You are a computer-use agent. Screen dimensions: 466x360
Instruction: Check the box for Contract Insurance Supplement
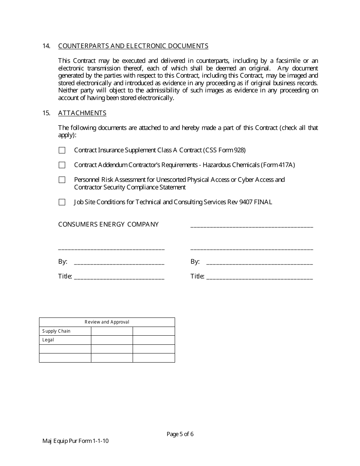click(x=62, y=150)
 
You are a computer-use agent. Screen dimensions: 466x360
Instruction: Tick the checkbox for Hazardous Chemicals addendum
click(x=62, y=165)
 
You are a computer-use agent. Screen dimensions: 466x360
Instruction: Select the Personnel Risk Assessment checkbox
click(x=62, y=180)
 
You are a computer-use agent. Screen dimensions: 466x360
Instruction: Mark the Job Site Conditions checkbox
click(x=62, y=202)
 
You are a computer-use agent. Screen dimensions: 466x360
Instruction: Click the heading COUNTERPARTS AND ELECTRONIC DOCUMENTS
click(x=133, y=46)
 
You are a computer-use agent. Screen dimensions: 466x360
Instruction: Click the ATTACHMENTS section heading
click(x=82, y=113)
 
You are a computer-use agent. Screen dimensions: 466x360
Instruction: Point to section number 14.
click(x=46, y=46)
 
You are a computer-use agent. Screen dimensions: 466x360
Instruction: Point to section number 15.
click(x=46, y=113)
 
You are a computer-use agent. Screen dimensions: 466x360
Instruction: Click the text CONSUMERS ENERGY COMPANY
click(x=108, y=224)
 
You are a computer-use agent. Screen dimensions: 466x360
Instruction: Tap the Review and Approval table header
click(x=107, y=322)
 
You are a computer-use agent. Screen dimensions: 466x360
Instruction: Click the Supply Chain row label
click(x=56, y=331)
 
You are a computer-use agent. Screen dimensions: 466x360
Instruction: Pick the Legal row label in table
click(x=48, y=340)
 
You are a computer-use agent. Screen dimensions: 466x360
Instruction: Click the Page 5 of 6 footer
click(x=180, y=434)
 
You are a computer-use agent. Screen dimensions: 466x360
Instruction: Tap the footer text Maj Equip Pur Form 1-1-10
click(x=76, y=441)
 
